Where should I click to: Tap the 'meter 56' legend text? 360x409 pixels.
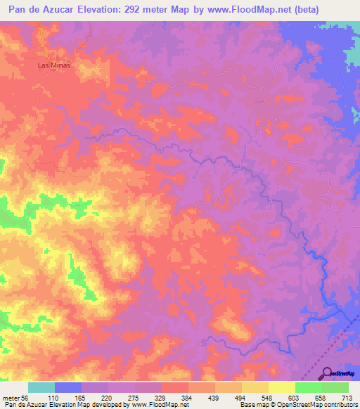[x=14, y=397]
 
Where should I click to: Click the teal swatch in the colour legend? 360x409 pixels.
[x=41, y=387]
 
